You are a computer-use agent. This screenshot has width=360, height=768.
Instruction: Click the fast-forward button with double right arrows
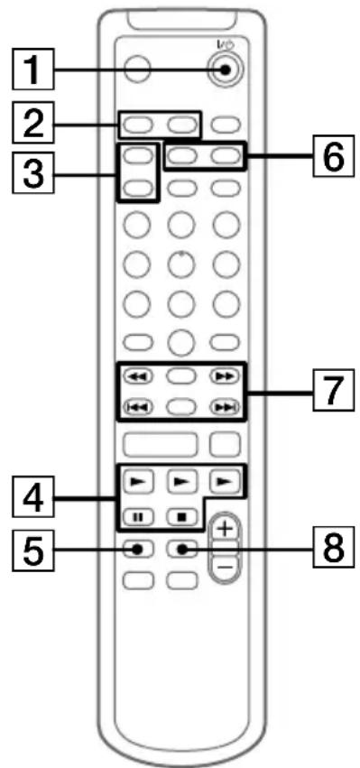tap(228, 376)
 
